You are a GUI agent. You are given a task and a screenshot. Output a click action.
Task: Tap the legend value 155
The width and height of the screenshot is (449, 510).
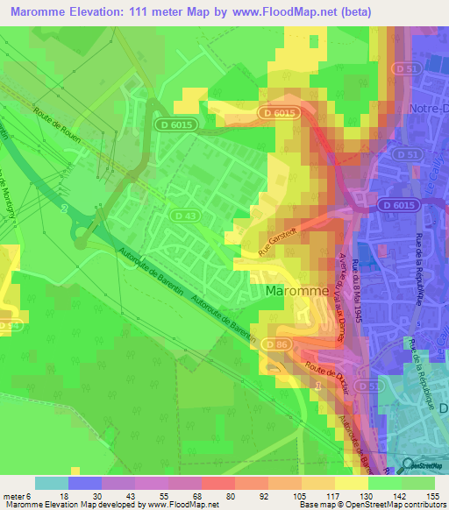433,496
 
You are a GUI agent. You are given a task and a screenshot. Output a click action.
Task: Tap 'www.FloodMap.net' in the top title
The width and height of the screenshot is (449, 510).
273,11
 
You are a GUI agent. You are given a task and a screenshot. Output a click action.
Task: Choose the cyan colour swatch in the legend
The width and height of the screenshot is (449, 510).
51,483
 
